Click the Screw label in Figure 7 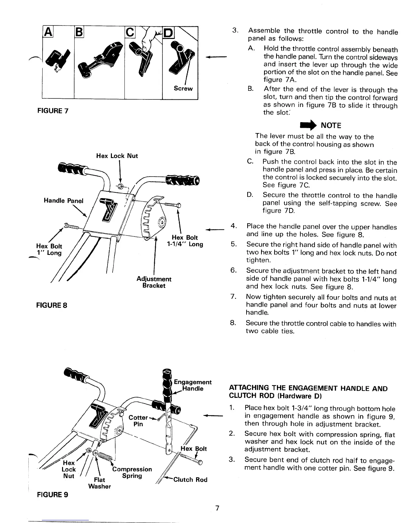coord(183,88)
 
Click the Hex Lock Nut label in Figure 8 coord(117,156)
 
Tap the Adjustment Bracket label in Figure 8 coord(154,282)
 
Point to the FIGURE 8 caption coord(51,305)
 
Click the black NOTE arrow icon coord(307,125)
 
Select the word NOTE coord(331,125)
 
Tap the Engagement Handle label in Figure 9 coord(192,385)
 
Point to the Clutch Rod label coord(190,480)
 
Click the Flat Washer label coord(99,483)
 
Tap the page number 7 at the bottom coord(217,508)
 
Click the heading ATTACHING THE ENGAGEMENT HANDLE coord(308,392)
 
